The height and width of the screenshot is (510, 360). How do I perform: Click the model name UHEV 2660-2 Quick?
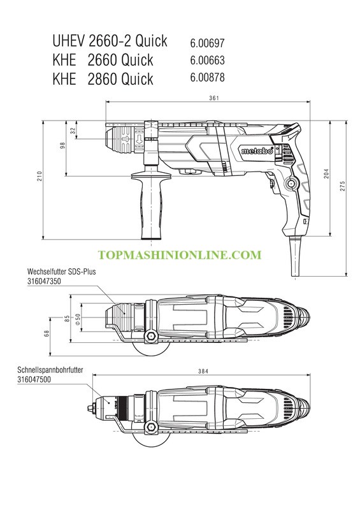coord(110,41)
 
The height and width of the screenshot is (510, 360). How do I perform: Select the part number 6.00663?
coord(207,60)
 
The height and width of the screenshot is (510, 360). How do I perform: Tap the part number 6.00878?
coord(207,77)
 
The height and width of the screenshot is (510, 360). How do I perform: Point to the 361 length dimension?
coord(214,98)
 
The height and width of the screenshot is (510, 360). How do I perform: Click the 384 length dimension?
coord(203,371)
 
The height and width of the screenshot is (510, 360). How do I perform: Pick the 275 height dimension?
coord(343,186)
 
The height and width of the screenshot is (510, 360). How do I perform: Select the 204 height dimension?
coord(326,173)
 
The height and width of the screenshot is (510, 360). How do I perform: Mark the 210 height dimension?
coord(40,176)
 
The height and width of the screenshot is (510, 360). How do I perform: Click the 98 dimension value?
coord(63,145)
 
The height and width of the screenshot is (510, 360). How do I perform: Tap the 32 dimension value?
coord(73,131)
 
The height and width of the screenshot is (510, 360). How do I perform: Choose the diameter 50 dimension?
coord(78,319)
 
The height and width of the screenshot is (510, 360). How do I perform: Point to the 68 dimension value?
coord(47,333)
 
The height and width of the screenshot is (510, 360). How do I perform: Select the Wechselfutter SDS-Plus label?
coord(61,272)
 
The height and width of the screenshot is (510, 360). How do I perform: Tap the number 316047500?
coord(34,379)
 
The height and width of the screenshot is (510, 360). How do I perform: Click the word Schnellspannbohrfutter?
coord(50,370)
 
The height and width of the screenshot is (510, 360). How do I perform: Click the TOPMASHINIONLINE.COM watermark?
coord(180,255)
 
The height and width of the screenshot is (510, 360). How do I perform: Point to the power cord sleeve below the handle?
coord(295,256)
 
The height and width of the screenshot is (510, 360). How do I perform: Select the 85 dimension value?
coord(67,318)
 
